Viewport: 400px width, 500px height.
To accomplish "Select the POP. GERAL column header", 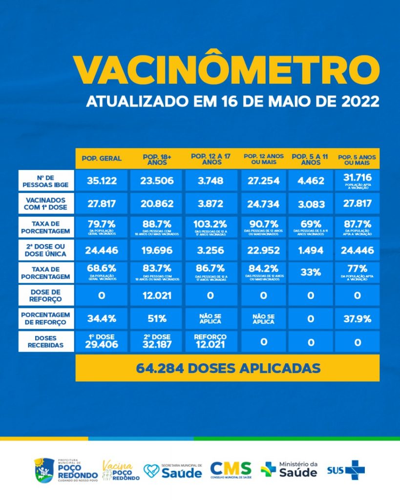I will (102, 159).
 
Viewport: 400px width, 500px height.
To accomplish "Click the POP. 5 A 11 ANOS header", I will (311, 159).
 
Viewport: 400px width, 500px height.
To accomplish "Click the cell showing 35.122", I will (102, 181).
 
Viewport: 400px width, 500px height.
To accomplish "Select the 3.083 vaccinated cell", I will (311, 203).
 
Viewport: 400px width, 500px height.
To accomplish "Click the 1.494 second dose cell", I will (311, 250).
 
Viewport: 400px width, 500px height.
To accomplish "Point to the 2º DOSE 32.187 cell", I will (157, 341).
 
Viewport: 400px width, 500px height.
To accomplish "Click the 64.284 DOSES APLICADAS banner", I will (228, 368).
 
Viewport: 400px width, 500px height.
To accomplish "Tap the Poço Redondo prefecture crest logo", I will (43, 469).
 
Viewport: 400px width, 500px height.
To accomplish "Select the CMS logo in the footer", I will (231, 470).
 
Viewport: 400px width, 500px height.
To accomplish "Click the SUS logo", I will (346, 470).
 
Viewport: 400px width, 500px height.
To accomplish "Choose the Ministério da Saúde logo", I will (289, 469).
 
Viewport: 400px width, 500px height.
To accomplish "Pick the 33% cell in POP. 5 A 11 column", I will (311, 272).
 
